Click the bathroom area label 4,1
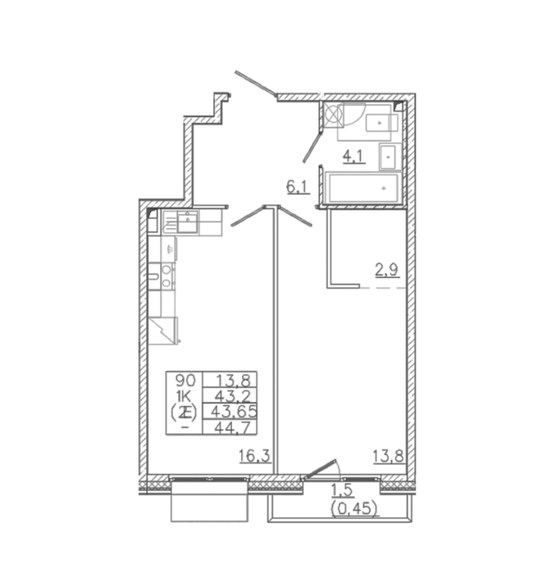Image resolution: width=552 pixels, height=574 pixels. [x=354, y=157]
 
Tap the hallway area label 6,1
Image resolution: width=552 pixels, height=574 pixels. [x=298, y=187]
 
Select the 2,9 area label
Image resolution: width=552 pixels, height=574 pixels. [x=386, y=271]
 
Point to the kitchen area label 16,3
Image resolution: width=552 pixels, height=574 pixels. [x=254, y=456]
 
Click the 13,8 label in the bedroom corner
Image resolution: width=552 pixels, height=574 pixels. [x=389, y=456]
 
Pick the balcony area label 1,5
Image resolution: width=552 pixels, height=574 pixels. [x=342, y=490]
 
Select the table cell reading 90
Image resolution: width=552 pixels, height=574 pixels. [x=185, y=380]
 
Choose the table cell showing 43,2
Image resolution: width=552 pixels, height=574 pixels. [x=233, y=396]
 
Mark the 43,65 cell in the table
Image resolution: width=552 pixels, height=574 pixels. [x=234, y=412]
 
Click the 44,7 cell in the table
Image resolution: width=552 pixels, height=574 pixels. [x=234, y=427]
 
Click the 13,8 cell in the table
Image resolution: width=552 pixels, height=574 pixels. [x=233, y=380]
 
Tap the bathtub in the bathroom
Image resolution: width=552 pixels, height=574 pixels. [x=363, y=188]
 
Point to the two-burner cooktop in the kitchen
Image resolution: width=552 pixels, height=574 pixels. [x=167, y=276]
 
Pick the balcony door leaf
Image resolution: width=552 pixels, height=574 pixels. [x=320, y=469]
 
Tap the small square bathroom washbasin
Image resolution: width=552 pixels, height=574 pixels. [x=388, y=157]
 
